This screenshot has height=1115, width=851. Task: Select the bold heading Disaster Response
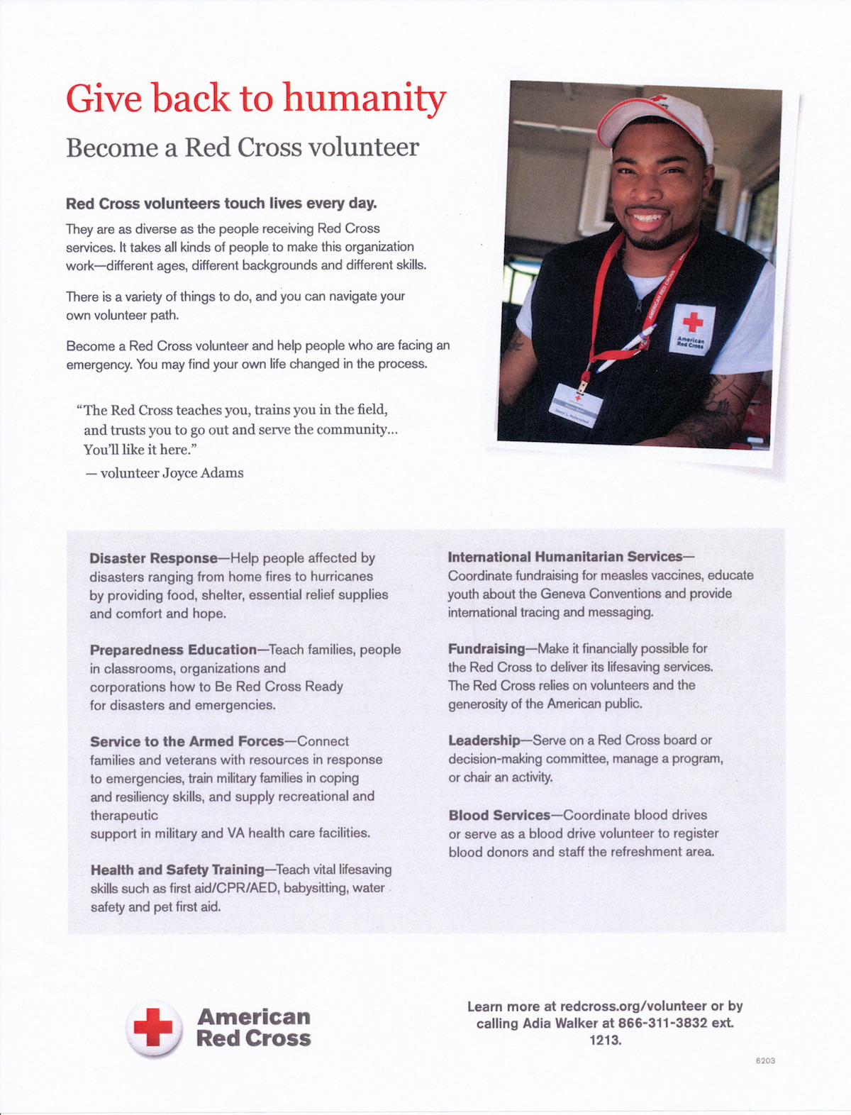click(153, 558)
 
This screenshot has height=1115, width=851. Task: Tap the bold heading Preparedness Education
click(173, 650)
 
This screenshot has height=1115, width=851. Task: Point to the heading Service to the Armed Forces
click(187, 741)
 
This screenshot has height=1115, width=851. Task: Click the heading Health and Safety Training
click(177, 870)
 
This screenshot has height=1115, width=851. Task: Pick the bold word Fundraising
click(486, 648)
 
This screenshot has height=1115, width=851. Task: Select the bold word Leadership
click(484, 740)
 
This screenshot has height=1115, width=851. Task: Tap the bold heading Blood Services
click(499, 815)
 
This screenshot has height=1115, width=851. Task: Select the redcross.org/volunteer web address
click(633, 1006)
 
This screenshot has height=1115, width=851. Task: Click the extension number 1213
click(605, 1041)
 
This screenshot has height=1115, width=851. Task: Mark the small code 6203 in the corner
click(765, 1060)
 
